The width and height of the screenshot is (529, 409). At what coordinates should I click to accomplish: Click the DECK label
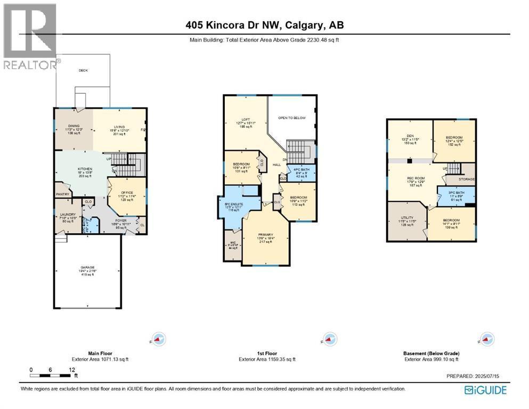click(83, 70)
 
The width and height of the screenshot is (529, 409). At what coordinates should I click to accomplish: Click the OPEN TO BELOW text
click(292, 118)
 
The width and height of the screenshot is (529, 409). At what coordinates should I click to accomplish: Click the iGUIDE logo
click(485, 390)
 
